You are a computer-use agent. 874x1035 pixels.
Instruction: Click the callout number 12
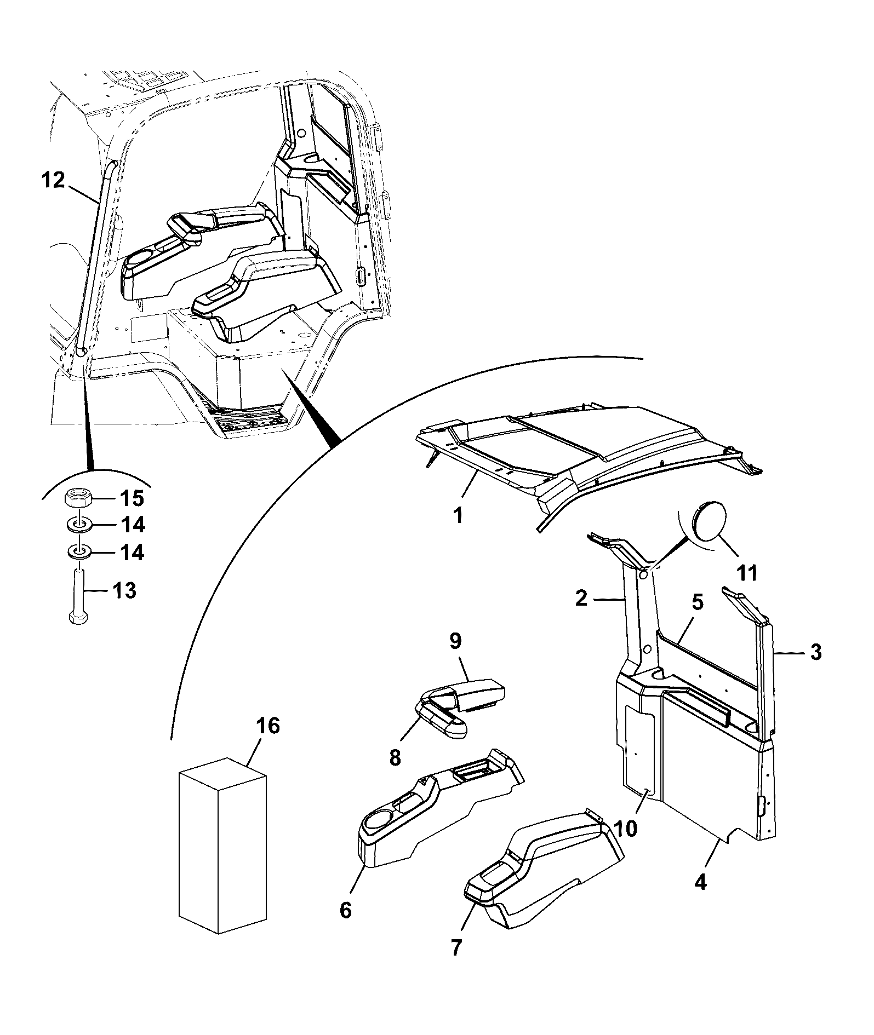tap(53, 180)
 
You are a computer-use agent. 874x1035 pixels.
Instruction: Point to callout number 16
tap(267, 726)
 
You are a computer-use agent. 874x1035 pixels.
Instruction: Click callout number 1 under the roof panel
tap(458, 515)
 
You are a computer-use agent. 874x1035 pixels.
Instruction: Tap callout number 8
tap(395, 758)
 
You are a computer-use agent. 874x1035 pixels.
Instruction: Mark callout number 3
tap(816, 652)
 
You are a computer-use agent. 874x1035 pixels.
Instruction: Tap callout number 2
tap(581, 598)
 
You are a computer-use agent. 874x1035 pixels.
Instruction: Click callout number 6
tap(345, 910)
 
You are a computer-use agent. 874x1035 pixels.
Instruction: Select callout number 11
tap(747, 573)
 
